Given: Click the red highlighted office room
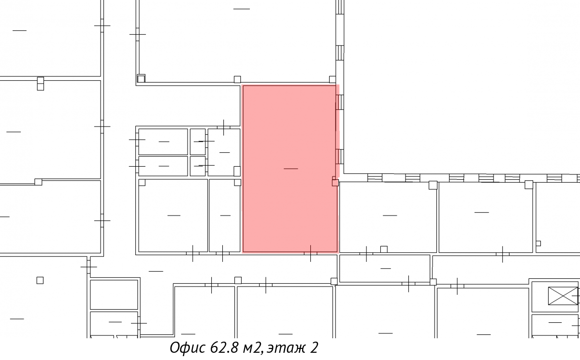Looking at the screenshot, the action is (290, 168).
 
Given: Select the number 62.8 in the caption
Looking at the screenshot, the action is (224, 347).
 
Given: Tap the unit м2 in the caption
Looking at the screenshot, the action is (252, 348).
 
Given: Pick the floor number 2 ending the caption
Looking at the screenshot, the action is (314, 347).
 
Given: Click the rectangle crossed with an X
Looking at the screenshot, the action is (563, 296).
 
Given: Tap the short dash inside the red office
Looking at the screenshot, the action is (291, 169).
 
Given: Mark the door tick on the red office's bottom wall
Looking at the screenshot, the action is (310, 253).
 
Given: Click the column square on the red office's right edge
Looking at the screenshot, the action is (335, 183).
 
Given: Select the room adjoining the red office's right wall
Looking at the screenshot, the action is (388, 217).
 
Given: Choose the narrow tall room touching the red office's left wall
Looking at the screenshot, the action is (224, 216).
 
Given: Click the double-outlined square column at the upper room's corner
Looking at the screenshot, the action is (141, 78).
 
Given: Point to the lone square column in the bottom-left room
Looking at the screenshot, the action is (40, 280).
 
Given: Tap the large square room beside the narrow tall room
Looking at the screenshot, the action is (173, 216).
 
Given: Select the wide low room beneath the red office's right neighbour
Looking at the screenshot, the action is (385, 268).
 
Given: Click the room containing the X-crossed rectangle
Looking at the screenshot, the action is (556, 296).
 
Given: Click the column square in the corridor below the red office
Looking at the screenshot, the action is (238, 280).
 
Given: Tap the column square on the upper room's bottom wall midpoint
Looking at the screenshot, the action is (237, 79).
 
